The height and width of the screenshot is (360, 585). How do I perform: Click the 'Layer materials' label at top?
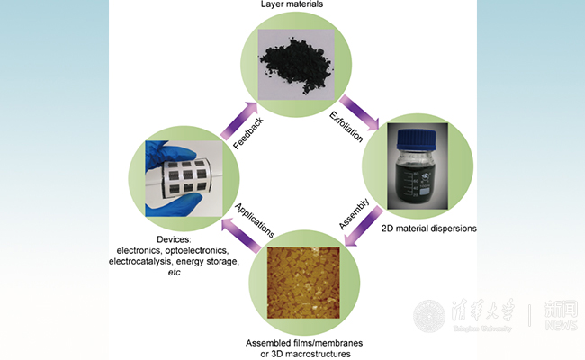292,5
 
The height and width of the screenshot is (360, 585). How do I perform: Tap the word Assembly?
354,213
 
